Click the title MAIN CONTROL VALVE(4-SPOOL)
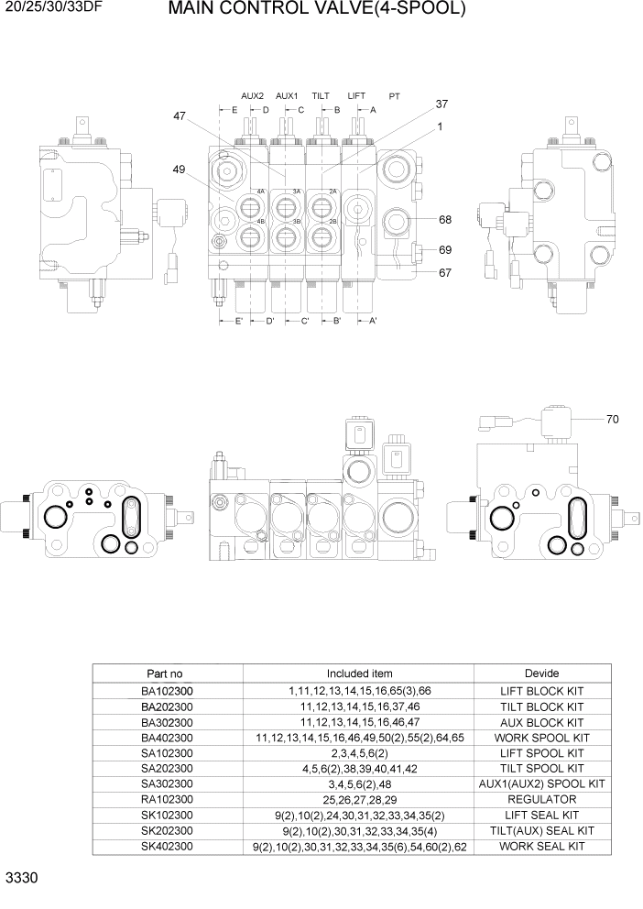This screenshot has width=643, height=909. click(317, 11)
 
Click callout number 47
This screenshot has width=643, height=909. click(180, 116)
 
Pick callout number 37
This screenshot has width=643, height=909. click(441, 104)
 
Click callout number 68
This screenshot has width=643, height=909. click(445, 220)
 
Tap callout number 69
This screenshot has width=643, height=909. click(445, 249)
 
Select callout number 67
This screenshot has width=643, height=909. click(445, 272)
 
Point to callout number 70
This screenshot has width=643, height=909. click(612, 420)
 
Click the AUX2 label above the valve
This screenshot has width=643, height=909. click(252, 95)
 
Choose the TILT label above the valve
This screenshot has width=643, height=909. click(321, 95)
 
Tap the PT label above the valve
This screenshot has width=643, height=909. click(394, 95)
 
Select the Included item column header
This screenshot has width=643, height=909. click(359, 674)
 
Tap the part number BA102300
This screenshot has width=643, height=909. click(167, 692)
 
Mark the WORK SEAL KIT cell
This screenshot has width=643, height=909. click(541, 847)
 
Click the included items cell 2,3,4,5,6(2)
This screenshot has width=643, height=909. click(359, 753)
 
